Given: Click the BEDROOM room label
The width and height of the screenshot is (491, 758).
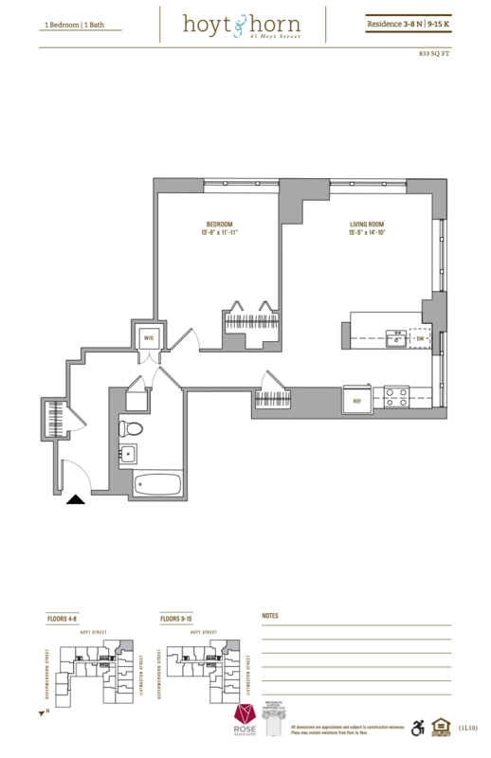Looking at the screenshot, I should pyautogui.click(x=217, y=224).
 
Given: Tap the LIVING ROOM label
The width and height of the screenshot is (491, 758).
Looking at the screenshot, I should pyautogui.click(x=364, y=224).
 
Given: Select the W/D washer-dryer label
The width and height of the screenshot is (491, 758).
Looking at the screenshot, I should pyautogui.click(x=149, y=337).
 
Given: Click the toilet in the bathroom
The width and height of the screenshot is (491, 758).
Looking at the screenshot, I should pyautogui.click(x=132, y=428).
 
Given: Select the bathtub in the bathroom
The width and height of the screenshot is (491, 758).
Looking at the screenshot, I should pyautogui.click(x=157, y=484).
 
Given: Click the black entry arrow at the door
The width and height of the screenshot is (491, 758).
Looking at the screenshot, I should pyautogui.click(x=75, y=500).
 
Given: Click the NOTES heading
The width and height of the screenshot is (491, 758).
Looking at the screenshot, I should pyautogui.click(x=272, y=617).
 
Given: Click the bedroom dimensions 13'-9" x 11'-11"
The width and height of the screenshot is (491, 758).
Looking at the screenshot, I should pyautogui.click(x=217, y=233).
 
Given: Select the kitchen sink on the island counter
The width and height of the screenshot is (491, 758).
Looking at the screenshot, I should pyautogui.click(x=391, y=336).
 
